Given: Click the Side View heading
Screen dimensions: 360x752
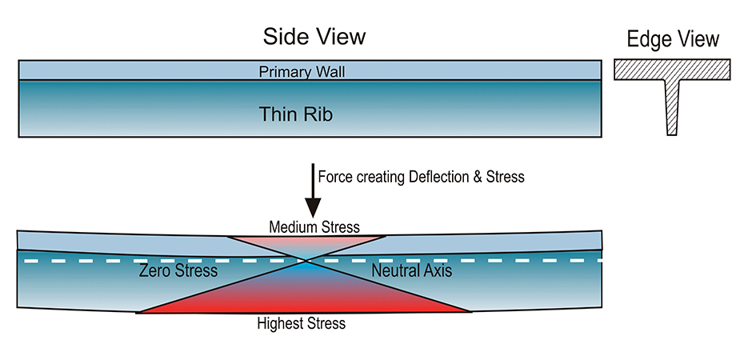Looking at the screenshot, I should pyautogui.click(x=314, y=37).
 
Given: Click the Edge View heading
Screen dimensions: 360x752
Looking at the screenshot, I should pyautogui.click(x=672, y=38).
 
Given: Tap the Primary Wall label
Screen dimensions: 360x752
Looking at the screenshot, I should pyautogui.click(x=302, y=72).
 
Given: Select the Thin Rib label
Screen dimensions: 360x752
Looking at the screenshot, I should pyautogui.click(x=295, y=114).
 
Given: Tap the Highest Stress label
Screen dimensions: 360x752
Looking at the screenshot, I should pyautogui.click(x=302, y=323).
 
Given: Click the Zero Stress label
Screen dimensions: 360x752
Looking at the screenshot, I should pyautogui.click(x=177, y=271).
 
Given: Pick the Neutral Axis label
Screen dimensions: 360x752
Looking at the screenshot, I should pyautogui.click(x=412, y=271).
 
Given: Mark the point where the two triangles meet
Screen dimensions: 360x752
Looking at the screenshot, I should pyautogui.click(x=304, y=261).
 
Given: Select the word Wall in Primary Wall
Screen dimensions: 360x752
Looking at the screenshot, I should pyautogui.click(x=328, y=72).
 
